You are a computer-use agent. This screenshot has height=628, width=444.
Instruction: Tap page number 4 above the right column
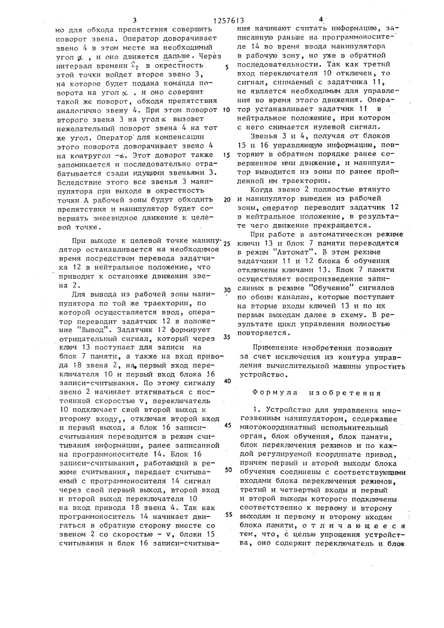[x=320, y=19]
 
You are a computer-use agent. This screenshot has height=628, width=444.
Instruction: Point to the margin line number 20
[x=226, y=198]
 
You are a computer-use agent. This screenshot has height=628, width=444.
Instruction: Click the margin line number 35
[x=226, y=336]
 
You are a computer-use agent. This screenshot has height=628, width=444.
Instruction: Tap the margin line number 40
[x=226, y=381]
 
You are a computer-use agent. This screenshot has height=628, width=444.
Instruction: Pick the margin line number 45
[x=226, y=425]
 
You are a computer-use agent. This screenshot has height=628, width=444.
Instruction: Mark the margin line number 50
[x=226, y=470]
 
